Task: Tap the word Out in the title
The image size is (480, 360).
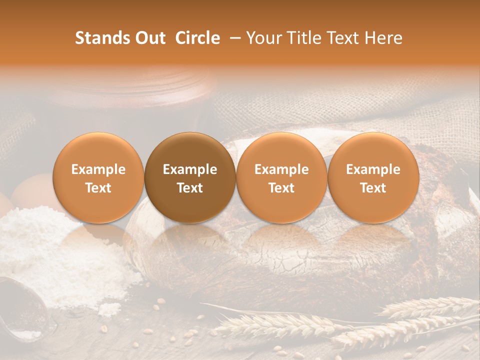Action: (148, 38)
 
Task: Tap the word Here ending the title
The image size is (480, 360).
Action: (385, 38)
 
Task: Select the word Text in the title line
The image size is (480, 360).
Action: (343, 38)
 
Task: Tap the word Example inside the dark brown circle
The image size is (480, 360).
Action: (190, 169)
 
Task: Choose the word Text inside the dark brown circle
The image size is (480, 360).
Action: (190, 188)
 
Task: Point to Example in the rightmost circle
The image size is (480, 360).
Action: (373, 169)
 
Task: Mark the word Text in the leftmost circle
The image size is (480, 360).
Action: (98, 188)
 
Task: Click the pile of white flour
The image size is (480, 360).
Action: (60, 250)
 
